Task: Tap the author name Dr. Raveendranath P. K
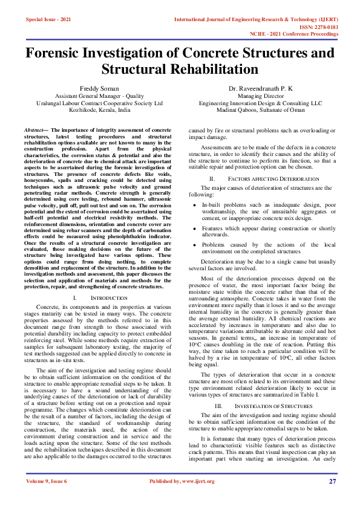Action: (x=261, y=88)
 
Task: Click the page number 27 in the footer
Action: (x=332, y=481)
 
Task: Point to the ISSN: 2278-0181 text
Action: (x=316, y=27)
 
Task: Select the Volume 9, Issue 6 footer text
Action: (x=45, y=481)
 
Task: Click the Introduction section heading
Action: (x=108, y=299)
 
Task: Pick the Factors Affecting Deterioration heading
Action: (x=260, y=179)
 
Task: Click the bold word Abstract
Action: (x=34, y=130)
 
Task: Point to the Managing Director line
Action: (x=260, y=96)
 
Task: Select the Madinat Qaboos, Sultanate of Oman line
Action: (x=260, y=111)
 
